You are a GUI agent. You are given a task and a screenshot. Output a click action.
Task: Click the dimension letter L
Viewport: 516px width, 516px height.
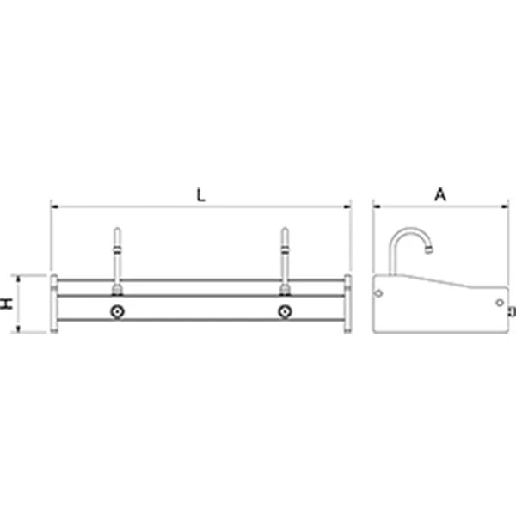tap(200, 195)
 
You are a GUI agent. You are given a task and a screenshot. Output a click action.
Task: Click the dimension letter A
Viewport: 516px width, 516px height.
tap(440, 194)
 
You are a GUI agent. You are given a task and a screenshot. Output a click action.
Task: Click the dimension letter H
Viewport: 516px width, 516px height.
tap(7, 304)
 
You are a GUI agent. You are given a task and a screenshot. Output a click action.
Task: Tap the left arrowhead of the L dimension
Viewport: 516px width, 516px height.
tap(55, 206)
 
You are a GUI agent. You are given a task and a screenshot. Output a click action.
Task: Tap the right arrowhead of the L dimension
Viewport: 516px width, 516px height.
tap(347, 206)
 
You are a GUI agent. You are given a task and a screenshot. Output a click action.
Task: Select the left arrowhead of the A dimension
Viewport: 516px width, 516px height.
tap(377, 206)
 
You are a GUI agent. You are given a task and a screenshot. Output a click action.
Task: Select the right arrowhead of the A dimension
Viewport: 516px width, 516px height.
tap(505, 206)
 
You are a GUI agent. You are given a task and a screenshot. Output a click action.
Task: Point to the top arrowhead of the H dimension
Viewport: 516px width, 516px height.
tap(18, 279)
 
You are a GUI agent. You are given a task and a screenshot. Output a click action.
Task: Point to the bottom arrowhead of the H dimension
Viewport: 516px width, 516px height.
tap(18, 329)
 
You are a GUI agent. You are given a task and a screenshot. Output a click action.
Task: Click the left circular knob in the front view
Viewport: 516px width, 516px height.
tap(117, 311)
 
